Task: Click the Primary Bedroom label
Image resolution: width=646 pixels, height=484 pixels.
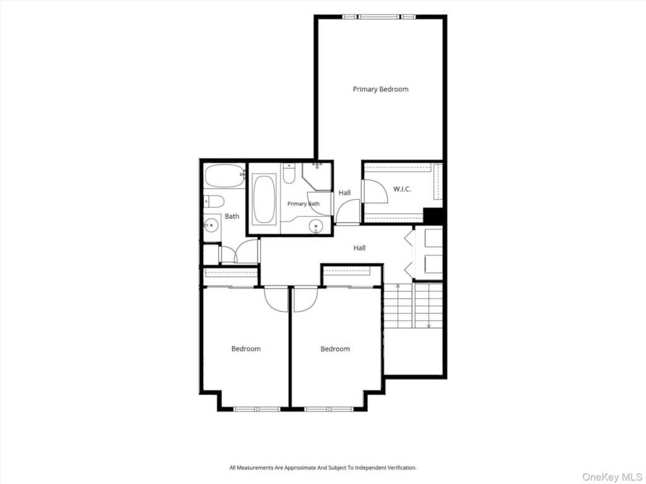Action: pyautogui.click(x=380, y=89)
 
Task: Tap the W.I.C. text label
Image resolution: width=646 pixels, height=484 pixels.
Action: pyautogui.click(x=402, y=189)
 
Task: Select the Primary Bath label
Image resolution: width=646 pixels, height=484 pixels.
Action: pyautogui.click(x=303, y=204)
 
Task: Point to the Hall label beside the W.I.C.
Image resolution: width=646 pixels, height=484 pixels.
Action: pyautogui.click(x=344, y=193)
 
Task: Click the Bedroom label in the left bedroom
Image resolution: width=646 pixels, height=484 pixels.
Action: pyautogui.click(x=246, y=349)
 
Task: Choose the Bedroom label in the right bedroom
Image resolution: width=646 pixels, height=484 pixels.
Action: pyautogui.click(x=335, y=349)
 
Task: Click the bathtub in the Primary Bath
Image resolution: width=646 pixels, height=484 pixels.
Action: pyautogui.click(x=264, y=200)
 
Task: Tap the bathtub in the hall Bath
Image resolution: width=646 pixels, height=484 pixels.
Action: pyautogui.click(x=224, y=176)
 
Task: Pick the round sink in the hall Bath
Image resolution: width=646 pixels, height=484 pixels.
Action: pyautogui.click(x=211, y=225)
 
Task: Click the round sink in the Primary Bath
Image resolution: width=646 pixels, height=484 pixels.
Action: pyautogui.click(x=316, y=226)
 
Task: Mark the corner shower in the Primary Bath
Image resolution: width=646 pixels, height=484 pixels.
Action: pyautogui.click(x=317, y=176)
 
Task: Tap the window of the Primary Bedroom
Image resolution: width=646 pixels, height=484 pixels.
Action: pyautogui.click(x=379, y=17)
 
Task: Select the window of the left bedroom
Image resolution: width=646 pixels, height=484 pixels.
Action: pyautogui.click(x=257, y=409)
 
